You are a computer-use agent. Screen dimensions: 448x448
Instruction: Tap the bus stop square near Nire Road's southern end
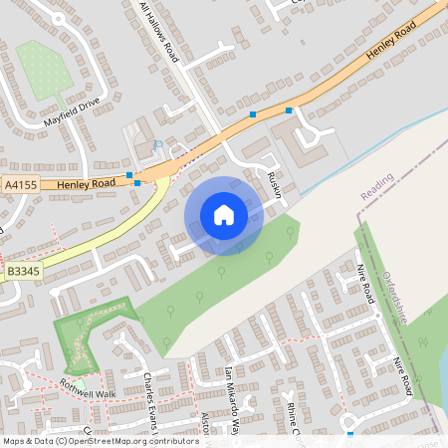(350, 434)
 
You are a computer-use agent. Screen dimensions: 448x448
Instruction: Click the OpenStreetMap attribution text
(100, 440)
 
